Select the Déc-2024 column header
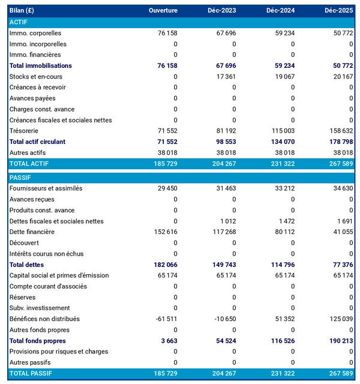(280, 11)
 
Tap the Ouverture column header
(163, 11)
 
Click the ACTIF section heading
(20, 22)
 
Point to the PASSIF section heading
(21, 178)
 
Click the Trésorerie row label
(27, 131)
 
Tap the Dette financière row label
(32, 232)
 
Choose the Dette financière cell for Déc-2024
(283, 232)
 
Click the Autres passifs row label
(30, 362)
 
